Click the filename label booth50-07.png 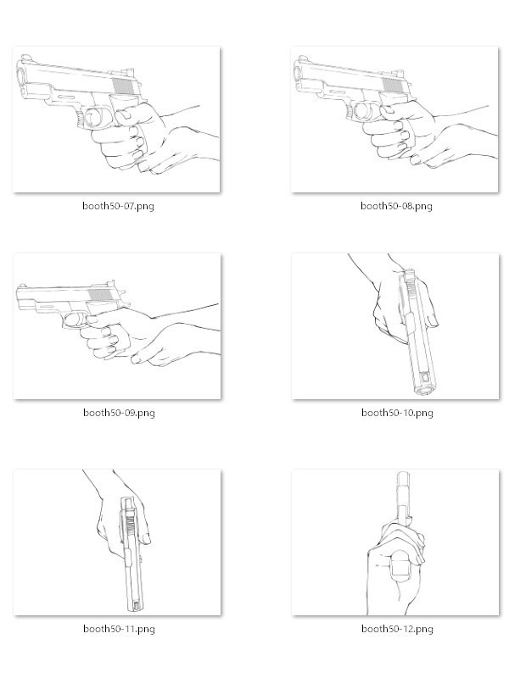118,206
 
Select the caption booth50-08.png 396,206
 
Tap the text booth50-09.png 118,413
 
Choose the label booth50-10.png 396,413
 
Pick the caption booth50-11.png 118,629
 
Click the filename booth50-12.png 396,629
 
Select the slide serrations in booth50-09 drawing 101,296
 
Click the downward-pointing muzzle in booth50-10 424,387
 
